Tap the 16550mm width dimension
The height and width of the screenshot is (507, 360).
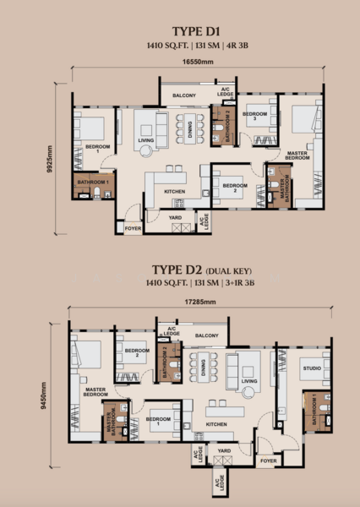tap(197, 62)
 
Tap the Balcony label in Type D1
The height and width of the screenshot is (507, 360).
tap(184, 95)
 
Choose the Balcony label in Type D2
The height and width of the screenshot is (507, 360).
tap(207, 335)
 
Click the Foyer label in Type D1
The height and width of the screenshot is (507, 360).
tap(133, 228)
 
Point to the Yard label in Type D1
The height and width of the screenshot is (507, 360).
tap(175, 217)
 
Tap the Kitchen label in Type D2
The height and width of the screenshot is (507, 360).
tap(216, 424)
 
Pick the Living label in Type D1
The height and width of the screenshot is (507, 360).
tap(145, 141)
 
